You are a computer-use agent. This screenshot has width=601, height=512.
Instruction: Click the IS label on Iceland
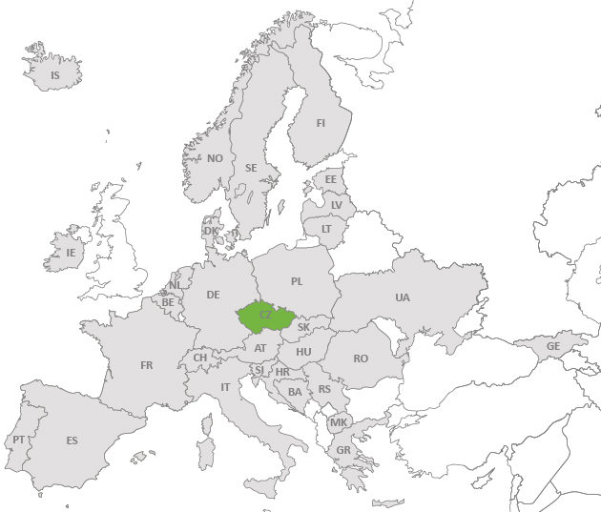pos(54,75)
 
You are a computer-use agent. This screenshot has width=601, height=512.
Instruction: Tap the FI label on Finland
pos(321,123)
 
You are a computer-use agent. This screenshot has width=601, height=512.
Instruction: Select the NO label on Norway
pos(215,158)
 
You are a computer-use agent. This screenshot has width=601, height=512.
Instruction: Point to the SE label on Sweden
pos(251,168)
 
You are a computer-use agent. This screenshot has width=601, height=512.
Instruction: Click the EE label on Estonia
pos(331,179)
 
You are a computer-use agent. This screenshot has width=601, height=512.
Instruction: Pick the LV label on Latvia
pos(336,205)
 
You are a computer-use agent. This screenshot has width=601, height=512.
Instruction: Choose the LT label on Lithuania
pos(326,229)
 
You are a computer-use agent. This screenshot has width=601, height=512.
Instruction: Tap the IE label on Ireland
pos(70,253)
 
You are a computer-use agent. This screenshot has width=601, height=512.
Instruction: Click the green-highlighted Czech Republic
pos(266,314)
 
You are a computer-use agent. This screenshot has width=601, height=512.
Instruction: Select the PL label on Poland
pos(297,281)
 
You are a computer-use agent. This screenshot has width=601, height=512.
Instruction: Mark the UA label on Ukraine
pos(403,297)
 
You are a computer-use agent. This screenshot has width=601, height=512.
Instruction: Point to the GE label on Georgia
pos(553,346)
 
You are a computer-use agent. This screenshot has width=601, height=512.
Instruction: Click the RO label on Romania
pos(361,358)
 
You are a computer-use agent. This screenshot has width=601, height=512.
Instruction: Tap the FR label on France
pos(146,365)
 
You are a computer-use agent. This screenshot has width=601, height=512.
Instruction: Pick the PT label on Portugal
pos(19,440)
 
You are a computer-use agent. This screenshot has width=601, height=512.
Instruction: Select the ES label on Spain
pos(72,440)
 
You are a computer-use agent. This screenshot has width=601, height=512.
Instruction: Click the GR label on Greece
pos(342,451)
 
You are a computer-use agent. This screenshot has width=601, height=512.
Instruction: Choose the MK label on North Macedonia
pos(339,422)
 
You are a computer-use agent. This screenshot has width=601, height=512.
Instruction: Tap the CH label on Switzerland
pos(200,358)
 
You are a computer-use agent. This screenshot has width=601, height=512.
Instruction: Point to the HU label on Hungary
pos(303,352)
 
